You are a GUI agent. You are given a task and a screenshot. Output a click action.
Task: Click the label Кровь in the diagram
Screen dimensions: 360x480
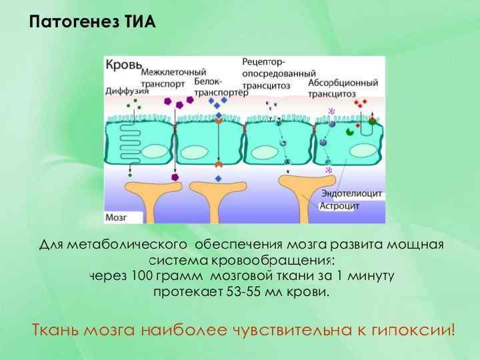coord(123,65)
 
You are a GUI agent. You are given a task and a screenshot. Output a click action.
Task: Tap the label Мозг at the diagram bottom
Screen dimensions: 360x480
coord(116,217)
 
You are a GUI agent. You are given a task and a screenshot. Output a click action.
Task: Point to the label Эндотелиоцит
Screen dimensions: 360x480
coord(352,193)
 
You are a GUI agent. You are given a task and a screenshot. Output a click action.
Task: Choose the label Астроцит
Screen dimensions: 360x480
coord(340,206)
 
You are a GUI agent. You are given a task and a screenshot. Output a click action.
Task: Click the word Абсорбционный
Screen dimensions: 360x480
coord(344,83)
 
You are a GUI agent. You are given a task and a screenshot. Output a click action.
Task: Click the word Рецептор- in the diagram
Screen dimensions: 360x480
coord(264,62)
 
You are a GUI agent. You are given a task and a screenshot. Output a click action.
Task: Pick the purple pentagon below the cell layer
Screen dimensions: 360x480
coord(175,178)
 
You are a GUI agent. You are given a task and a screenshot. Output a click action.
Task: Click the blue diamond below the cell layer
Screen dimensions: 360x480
coord(218,178)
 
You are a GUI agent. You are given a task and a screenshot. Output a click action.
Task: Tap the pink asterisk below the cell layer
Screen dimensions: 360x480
coord(328,171)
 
